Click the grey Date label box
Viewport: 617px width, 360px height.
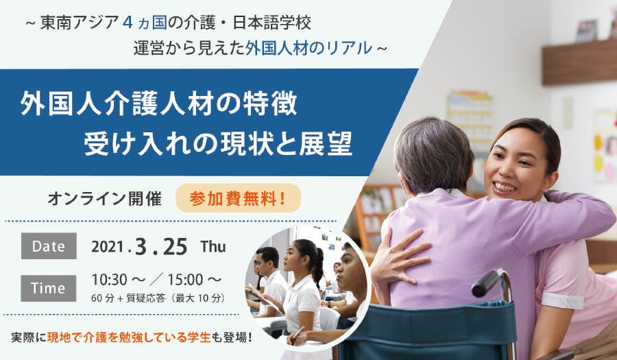(x=49, y=246)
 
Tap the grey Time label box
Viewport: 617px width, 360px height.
(x=49, y=288)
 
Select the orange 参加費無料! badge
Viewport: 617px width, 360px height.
(x=239, y=198)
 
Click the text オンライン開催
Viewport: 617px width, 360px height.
(x=105, y=199)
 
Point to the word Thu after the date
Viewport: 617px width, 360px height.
(x=213, y=247)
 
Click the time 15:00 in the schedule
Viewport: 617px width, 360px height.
(x=185, y=280)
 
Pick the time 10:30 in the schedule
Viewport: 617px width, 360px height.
(x=110, y=280)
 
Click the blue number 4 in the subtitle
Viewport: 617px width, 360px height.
(x=127, y=23)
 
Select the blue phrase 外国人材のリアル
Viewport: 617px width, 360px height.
(x=308, y=48)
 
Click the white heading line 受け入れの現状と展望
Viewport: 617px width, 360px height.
(x=218, y=145)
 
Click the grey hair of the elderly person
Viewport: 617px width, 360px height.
(x=433, y=154)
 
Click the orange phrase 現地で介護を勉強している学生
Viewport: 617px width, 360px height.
(x=129, y=337)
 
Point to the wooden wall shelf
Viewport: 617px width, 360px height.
(x=579, y=62)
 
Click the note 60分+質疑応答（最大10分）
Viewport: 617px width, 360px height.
(x=158, y=298)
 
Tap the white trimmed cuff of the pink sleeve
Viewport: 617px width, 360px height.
(x=562, y=300)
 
